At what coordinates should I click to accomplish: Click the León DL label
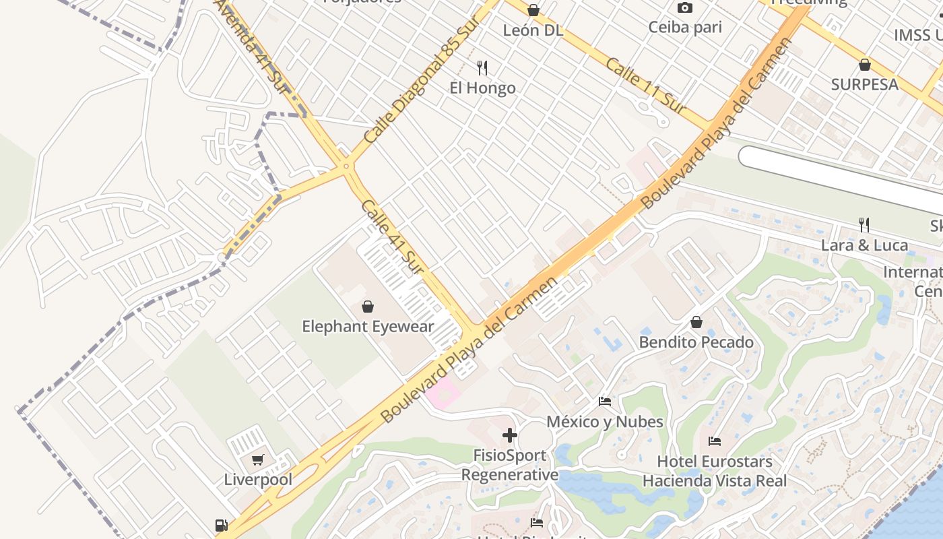click(x=533, y=30)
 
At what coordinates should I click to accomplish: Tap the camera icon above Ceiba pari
click(x=685, y=8)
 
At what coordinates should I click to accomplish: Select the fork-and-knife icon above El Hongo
click(x=482, y=67)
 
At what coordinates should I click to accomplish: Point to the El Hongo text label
click(x=482, y=88)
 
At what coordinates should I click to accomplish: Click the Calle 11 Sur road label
click(x=645, y=86)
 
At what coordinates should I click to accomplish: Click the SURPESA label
click(x=864, y=84)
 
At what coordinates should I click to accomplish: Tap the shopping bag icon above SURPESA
click(x=865, y=65)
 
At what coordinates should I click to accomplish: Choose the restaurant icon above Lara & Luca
click(x=864, y=224)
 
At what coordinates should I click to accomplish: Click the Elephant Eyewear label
click(x=368, y=327)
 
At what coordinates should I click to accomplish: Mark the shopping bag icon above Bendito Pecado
click(x=696, y=323)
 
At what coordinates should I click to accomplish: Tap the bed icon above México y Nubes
click(x=605, y=402)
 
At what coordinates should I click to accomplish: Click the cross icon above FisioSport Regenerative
click(x=510, y=435)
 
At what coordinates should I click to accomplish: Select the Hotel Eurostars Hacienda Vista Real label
click(x=714, y=471)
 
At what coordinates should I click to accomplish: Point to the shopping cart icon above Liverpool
click(x=258, y=460)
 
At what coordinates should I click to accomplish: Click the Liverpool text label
click(x=258, y=480)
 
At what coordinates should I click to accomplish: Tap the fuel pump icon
click(x=221, y=526)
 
